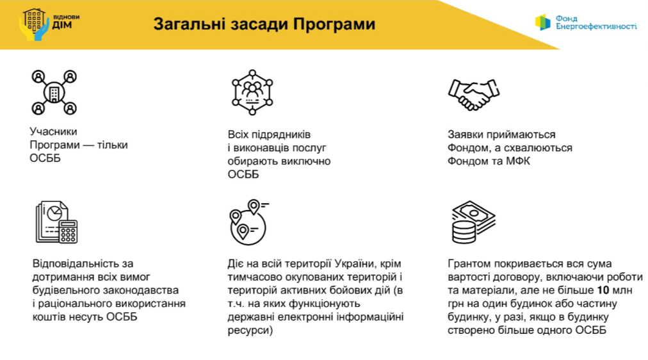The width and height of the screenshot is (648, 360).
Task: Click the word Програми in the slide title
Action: tap(334, 24)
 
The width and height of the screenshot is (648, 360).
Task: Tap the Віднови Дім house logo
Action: tap(34, 25)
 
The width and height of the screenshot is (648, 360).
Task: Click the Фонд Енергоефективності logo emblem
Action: tap(542, 22)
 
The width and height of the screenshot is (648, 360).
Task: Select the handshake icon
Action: tap(474, 95)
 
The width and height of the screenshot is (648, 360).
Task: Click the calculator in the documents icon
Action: tap(68, 231)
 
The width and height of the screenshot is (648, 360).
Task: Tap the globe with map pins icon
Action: tap(248, 222)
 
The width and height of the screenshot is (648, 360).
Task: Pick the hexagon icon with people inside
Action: tap(252, 92)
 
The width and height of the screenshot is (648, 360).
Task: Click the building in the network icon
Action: tap(54, 93)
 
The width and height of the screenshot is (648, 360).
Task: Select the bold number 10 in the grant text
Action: tap(603, 290)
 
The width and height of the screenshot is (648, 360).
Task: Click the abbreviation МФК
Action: tap(518, 161)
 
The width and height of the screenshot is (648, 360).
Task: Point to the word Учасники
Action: tap(53, 131)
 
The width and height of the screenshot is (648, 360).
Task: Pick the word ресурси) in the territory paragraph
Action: tap(250, 331)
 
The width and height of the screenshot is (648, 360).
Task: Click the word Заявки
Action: tap(465, 135)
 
